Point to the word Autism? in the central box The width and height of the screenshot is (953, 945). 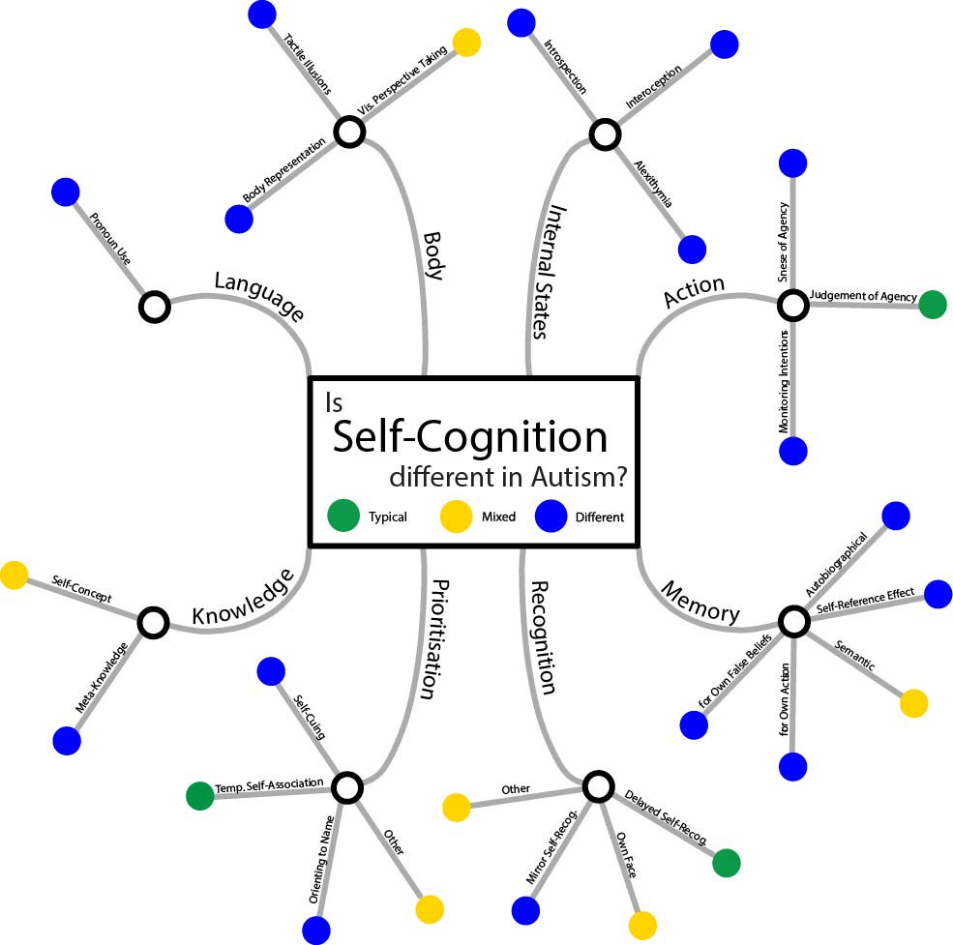(575, 478)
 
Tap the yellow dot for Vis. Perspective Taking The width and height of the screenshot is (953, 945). (466, 42)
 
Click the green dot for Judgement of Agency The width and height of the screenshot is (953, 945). (933, 305)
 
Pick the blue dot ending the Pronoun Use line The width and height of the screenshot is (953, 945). (65, 191)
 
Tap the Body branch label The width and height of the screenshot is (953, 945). (433, 255)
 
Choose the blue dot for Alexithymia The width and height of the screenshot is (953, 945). (692, 249)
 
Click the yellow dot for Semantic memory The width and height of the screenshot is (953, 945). (913, 703)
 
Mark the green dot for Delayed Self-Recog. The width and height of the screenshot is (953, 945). (727, 863)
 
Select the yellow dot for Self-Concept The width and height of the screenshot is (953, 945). (14, 576)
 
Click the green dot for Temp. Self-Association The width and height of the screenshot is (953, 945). (200, 795)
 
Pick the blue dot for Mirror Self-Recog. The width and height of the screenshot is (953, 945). (525, 910)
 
